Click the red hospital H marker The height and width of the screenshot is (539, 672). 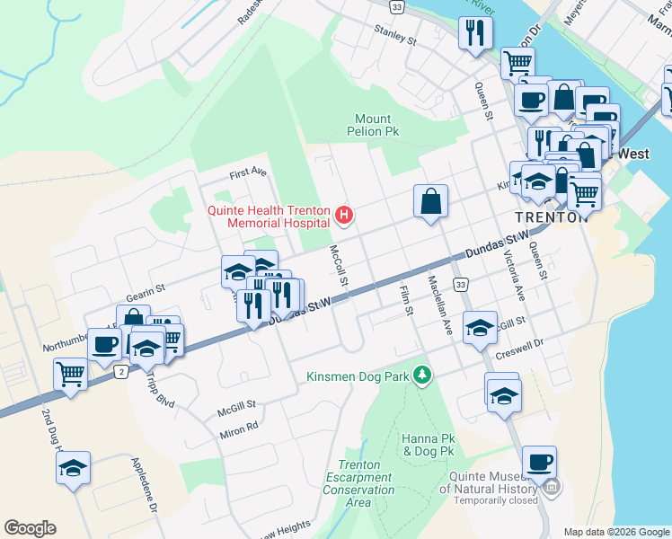pyautogui.click(x=343, y=216)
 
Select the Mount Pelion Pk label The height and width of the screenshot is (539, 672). pyautogui.click(x=373, y=125)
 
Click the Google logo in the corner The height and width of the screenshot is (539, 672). pyautogui.click(x=30, y=528)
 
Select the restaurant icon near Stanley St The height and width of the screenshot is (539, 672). pyautogui.click(x=473, y=34)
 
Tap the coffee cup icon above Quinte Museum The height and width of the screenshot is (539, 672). pyautogui.click(x=539, y=463)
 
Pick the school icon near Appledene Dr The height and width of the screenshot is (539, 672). pyautogui.click(x=73, y=468)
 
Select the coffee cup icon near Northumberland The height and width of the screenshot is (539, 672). pyautogui.click(x=104, y=344)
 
